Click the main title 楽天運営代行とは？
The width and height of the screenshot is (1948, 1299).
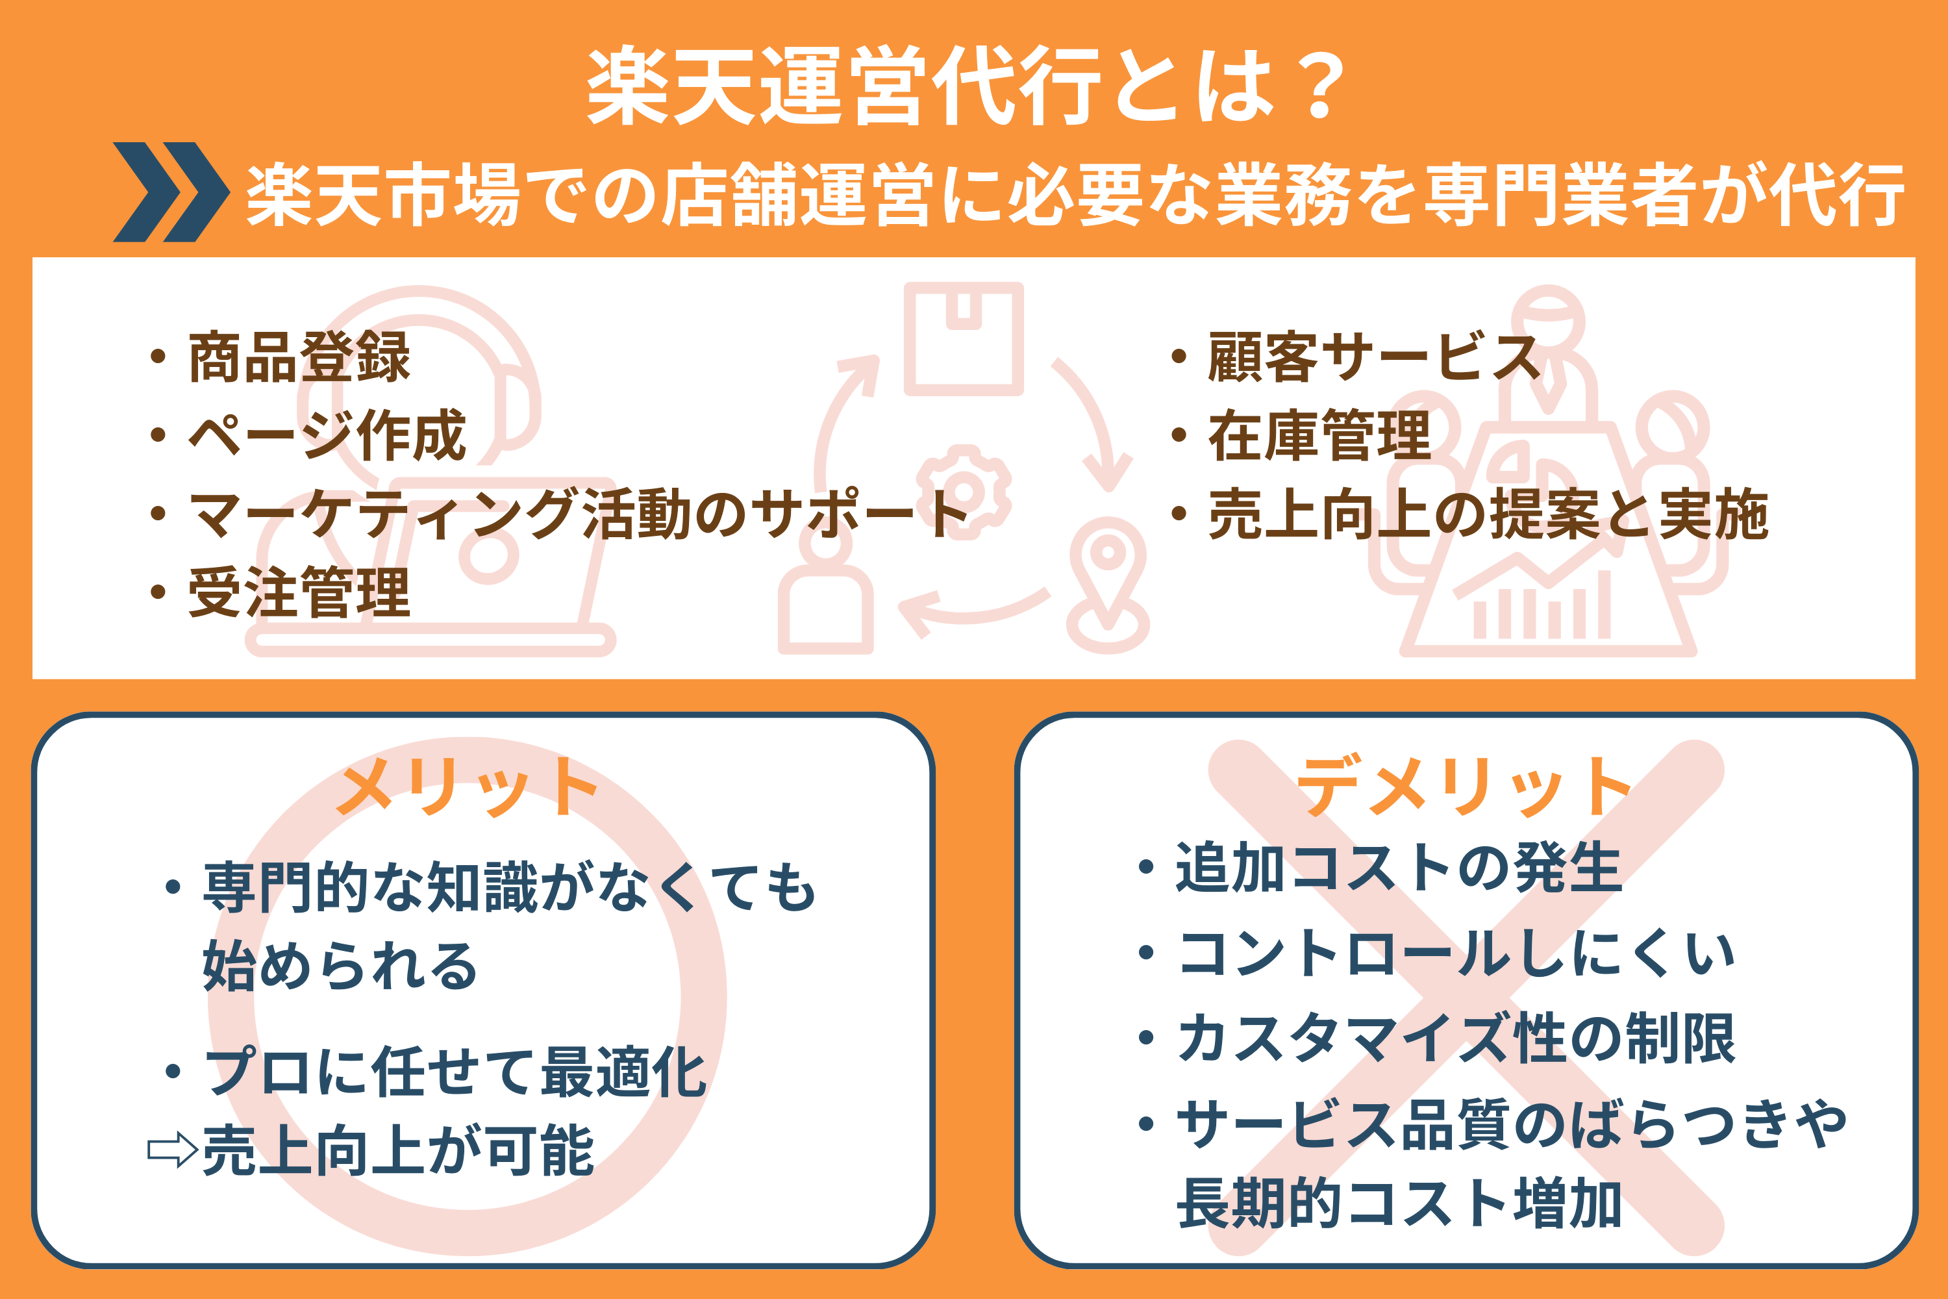(966, 87)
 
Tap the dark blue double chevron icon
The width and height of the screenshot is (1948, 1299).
(171, 192)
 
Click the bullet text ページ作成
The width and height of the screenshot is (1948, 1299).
(327, 436)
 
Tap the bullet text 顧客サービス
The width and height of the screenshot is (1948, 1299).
(1374, 357)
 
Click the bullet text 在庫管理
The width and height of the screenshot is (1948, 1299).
(1319, 436)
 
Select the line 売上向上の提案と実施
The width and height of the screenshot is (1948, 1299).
(1488, 514)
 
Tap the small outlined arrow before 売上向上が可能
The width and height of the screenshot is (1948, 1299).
(172, 1151)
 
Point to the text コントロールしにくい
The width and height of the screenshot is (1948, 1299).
(1455, 953)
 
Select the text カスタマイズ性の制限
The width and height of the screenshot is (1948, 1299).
(1455, 1039)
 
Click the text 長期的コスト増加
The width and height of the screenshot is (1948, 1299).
(1398, 1203)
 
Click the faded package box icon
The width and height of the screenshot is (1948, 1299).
(963, 339)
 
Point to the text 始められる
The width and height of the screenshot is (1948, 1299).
(340, 966)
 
